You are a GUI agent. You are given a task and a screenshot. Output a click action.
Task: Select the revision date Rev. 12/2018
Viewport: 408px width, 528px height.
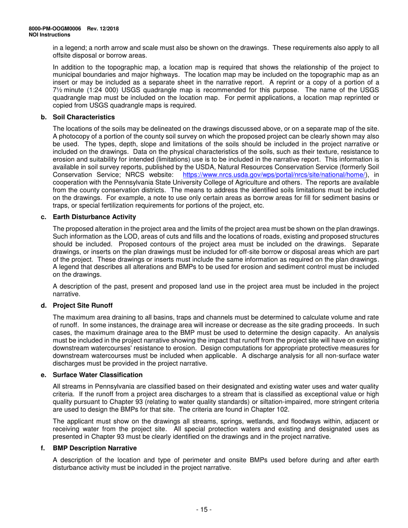tap(103, 29)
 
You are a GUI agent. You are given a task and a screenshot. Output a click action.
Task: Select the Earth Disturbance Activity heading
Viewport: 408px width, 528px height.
tap(94, 217)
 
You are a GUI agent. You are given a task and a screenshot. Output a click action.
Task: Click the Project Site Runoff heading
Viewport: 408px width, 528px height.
tap(82, 305)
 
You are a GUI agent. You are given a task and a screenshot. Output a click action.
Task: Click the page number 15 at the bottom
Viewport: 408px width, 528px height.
tap(204, 510)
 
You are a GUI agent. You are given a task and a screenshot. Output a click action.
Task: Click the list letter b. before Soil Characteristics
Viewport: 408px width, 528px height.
tap(43, 117)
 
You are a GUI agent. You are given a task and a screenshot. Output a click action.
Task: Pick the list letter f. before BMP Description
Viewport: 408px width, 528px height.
tap(43, 448)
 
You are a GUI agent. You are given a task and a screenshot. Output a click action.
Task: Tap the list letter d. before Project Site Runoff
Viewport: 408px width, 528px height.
tap(43, 305)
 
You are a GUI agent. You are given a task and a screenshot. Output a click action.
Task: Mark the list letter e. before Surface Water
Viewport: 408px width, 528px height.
tap(43, 375)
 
